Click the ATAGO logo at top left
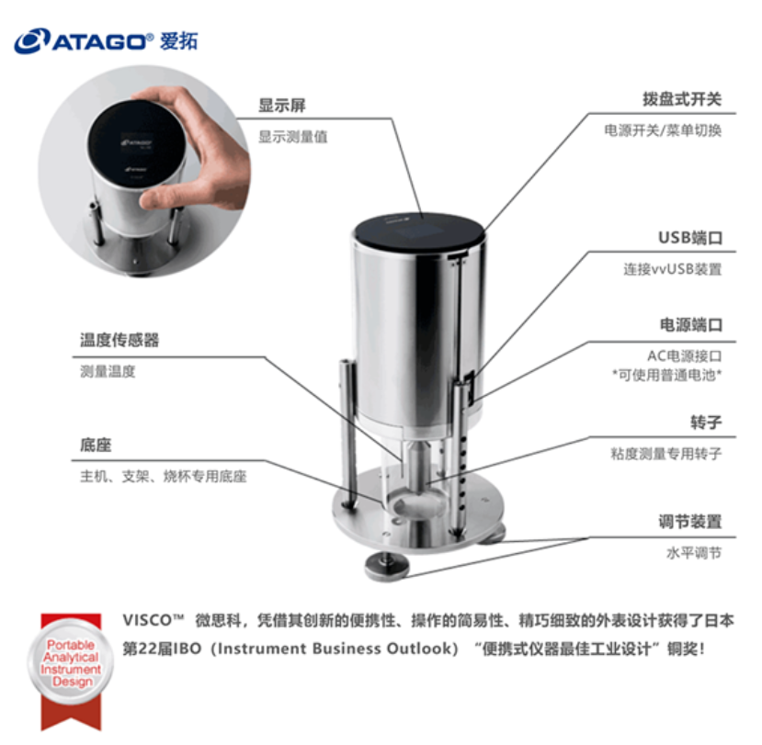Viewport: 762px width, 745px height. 106,40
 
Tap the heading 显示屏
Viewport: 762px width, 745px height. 282,106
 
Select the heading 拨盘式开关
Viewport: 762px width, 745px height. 682,99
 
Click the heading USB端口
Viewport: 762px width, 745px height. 690,238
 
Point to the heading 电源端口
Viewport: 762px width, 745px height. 690,325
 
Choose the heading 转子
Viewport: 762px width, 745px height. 706,423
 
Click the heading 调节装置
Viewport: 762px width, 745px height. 690,522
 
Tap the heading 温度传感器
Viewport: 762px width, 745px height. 119,340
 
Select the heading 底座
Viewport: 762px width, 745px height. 96,445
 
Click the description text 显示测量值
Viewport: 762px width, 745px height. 292,137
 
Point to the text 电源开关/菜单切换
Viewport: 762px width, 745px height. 663,130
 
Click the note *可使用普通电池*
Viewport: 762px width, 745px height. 666,375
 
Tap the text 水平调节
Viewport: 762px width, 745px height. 694,553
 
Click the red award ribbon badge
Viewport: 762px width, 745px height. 71,671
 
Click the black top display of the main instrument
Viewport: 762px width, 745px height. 419,231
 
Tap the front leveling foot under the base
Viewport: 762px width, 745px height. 387,567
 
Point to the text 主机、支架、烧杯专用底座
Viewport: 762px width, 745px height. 164,477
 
